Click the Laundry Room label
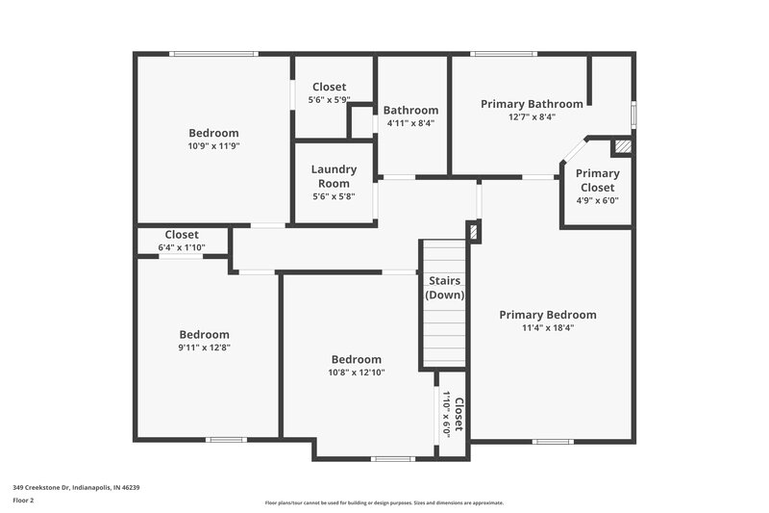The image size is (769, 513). coord(334,176)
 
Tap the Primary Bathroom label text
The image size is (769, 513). coord(532,104)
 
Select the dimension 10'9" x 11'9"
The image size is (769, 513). coord(213,146)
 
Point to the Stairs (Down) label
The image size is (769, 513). coord(445,289)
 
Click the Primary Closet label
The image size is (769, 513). coord(597,180)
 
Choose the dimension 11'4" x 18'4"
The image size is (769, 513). coord(547,328)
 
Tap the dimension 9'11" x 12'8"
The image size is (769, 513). coord(203,347)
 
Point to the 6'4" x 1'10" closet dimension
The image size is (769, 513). coord(182,247)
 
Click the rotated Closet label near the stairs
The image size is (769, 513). coord(459,415)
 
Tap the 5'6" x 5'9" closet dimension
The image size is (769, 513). coord(329,100)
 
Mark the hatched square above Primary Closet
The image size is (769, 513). coord(623,146)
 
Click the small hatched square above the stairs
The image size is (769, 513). coord(472,231)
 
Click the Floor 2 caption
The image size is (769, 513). coord(23,500)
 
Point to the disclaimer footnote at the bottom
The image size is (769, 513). coord(384,502)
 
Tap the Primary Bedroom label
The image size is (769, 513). coord(547,315)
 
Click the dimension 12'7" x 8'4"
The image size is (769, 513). coord(532,116)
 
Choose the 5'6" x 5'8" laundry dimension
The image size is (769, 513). coord(334,196)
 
